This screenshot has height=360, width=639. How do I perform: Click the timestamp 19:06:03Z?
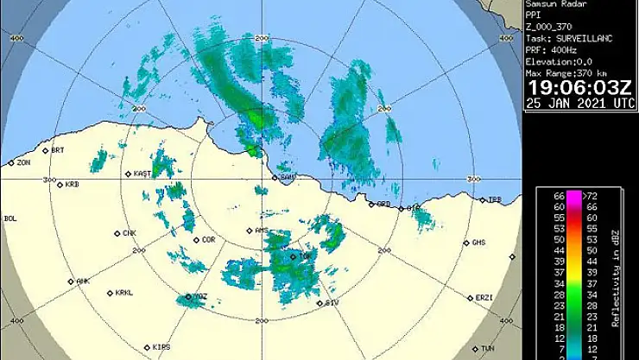[580, 88]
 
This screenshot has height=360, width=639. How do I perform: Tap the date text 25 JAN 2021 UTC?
[580, 104]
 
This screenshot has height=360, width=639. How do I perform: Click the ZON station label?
[23, 162]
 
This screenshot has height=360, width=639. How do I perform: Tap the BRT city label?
[57, 150]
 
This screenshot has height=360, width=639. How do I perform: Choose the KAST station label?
[142, 174]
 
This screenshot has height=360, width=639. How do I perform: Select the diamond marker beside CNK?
[117, 234]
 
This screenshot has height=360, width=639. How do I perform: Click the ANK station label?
[83, 281]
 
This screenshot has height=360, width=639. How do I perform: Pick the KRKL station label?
[124, 293]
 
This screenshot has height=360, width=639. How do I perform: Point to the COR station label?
[208, 240]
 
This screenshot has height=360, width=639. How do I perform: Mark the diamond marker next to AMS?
[249, 231]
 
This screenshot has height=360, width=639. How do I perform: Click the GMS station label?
[478, 243]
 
